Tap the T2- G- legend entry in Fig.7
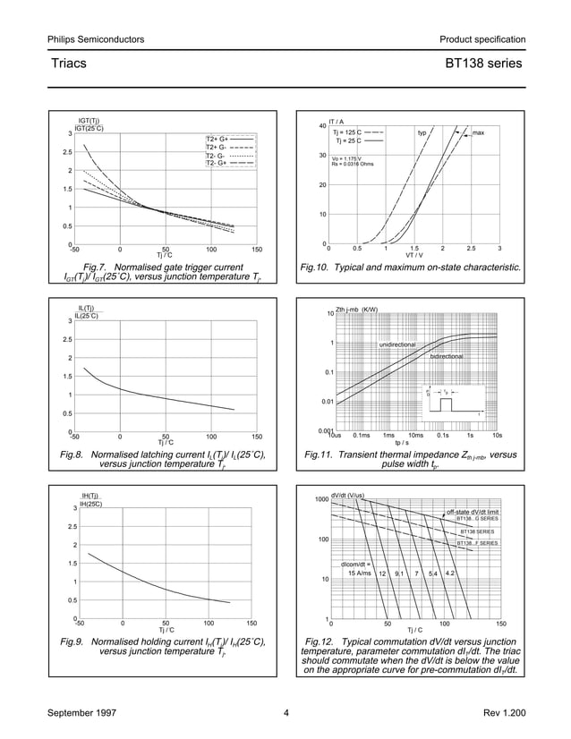click(x=216, y=156)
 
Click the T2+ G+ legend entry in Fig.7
click(x=217, y=140)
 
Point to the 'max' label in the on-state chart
click(x=478, y=132)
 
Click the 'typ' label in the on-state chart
click(x=422, y=132)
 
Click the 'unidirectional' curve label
click(x=397, y=344)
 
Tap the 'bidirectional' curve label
click(x=446, y=356)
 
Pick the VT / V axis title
click(x=414, y=255)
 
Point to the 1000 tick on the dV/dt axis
click(x=319, y=498)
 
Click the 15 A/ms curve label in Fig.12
click(x=359, y=573)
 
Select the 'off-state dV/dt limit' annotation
click(x=471, y=510)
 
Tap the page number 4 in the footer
click(x=285, y=713)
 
